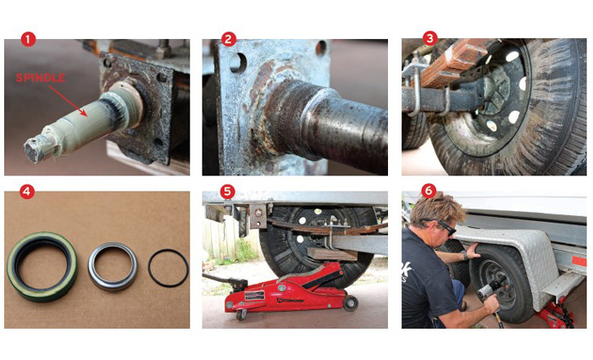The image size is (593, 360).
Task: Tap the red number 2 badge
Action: pos(228,39)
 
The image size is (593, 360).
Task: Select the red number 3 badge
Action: pos(430,39)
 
